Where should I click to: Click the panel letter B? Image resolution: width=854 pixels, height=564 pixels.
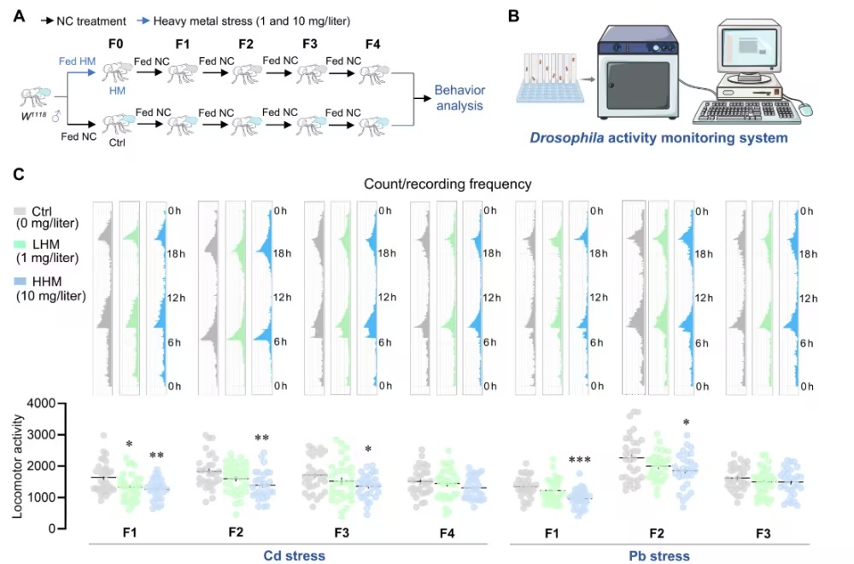point(512,16)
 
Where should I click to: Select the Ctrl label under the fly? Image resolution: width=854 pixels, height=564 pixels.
point(117,143)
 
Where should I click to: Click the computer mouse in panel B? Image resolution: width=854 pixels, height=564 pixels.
point(805,108)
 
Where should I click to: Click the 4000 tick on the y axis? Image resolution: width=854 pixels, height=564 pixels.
point(44,404)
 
